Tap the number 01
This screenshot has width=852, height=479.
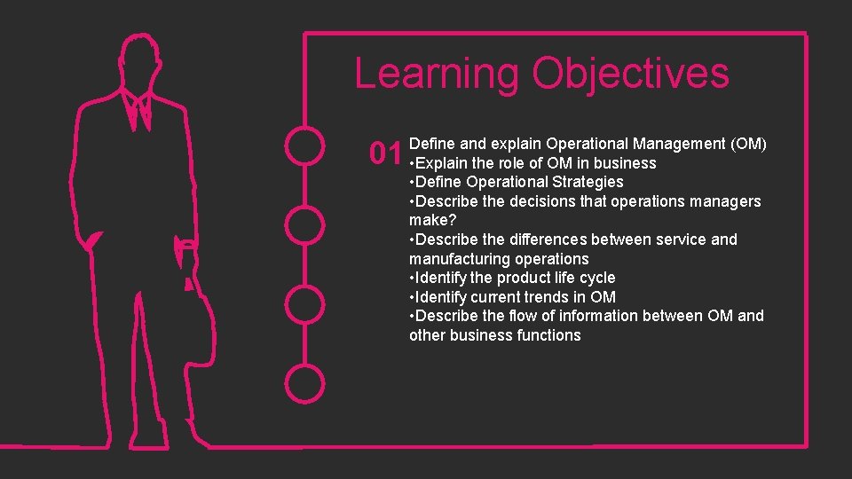tap(386, 153)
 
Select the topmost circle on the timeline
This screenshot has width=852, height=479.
tap(306, 145)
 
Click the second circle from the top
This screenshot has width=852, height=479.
tap(306, 224)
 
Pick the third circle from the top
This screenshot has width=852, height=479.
tap(306, 303)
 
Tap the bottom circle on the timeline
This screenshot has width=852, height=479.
tap(306, 382)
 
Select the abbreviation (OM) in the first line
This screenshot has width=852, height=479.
tap(747, 144)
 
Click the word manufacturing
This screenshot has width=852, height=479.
tap(454, 259)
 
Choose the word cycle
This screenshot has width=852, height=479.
tap(596, 278)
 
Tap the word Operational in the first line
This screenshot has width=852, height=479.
tap(589, 144)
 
